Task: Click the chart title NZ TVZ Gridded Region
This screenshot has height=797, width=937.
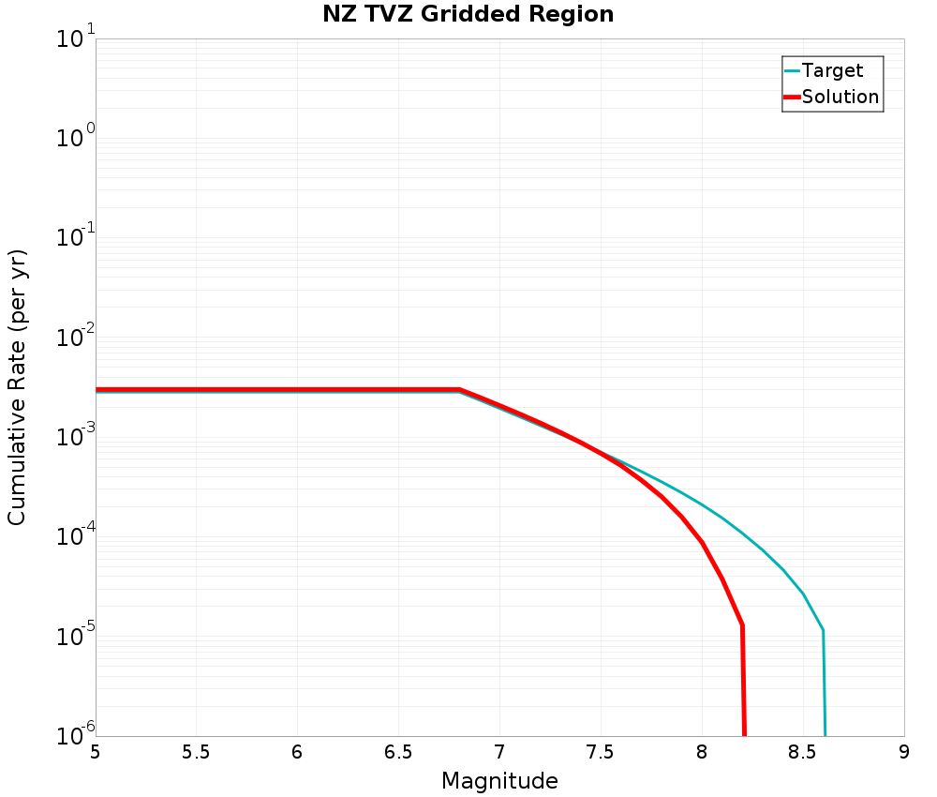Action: coord(468,14)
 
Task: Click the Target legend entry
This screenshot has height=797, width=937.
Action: coord(832,70)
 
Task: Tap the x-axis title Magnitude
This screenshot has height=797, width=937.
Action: coord(499,781)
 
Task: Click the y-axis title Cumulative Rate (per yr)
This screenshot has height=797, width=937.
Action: coord(17,387)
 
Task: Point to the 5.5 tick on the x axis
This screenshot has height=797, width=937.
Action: coord(196,752)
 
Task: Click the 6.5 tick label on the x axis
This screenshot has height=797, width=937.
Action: coord(398,752)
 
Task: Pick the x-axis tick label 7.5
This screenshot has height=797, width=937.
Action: coord(601,752)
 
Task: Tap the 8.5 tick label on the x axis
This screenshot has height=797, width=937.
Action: coord(803,752)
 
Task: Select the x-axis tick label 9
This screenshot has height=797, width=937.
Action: coord(904,752)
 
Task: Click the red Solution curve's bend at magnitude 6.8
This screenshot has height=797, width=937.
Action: coord(459,389)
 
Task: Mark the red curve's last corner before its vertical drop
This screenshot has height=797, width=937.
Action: coord(742,624)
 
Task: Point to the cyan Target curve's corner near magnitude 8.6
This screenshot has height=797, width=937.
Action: coord(823,630)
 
